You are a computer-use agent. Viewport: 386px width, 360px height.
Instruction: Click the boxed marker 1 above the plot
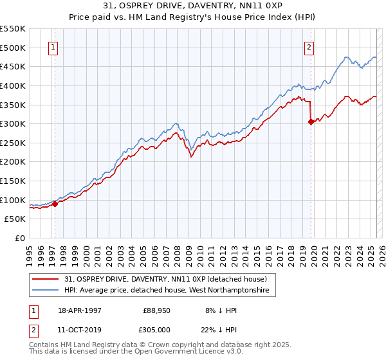[x=52, y=46]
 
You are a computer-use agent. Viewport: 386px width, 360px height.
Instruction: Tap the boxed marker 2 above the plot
[x=309, y=46]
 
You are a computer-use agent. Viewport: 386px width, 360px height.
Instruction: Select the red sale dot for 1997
[x=55, y=204]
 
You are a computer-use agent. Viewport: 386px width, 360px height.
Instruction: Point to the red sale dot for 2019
[x=311, y=122]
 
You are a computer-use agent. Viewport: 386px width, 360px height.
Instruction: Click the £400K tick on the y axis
[x=14, y=85]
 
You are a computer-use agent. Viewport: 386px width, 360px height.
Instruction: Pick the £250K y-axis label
[x=14, y=143]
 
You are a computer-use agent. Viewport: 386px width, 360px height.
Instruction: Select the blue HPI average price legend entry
[x=170, y=291]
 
